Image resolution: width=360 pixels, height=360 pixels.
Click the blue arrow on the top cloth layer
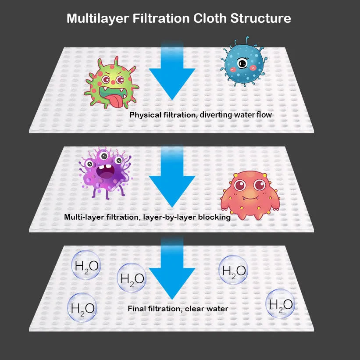click(x=172, y=75)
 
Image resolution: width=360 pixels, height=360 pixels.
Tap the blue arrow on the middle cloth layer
click(x=172, y=180)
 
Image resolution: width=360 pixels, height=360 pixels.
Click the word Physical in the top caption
click(x=145, y=115)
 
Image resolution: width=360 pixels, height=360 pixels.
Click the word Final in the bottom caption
click(x=137, y=309)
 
